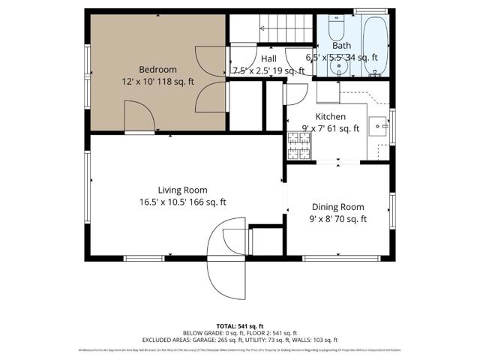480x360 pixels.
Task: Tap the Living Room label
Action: (182, 190)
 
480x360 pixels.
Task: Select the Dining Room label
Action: (337, 207)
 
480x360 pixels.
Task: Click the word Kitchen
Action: (330, 116)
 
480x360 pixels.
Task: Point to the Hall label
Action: (268, 58)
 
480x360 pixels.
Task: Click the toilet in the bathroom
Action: (335, 30)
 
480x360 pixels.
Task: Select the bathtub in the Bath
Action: (373, 45)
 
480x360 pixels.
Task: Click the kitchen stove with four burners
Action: (296, 146)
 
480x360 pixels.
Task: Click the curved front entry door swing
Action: (225, 259)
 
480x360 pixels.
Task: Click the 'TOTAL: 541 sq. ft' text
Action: (239, 325)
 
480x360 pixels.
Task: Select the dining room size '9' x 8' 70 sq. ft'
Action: (337, 219)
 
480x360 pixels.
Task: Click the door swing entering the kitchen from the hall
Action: (294, 94)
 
